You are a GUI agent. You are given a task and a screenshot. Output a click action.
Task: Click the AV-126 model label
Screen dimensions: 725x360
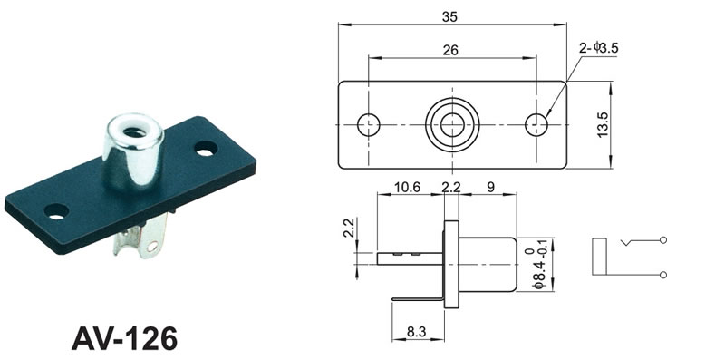(124, 338)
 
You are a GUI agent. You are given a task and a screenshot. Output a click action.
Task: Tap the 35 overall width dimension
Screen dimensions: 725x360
(449, 16)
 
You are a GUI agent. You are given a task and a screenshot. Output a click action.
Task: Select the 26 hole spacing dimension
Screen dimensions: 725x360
(450, 50)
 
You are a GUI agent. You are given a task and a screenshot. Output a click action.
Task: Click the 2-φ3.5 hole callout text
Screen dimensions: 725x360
(599, 47)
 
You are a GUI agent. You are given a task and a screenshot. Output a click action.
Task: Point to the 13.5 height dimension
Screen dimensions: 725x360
(603, 125)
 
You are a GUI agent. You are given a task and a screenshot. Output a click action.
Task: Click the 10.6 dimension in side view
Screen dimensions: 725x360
(407, 187)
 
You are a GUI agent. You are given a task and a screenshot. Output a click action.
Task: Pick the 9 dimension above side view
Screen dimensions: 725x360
(490, 187)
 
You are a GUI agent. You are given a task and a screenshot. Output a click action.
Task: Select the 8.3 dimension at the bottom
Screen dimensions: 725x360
(417, 331)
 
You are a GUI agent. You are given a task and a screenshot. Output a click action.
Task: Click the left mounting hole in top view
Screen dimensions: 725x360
(369, 125)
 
